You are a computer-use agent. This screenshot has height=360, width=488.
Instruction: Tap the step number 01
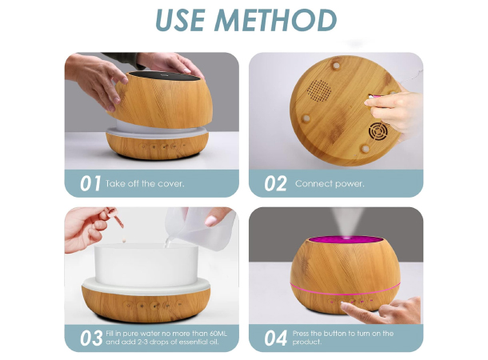(x=90, y=183)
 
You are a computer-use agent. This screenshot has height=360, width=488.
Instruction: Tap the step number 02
(x=275, y=183)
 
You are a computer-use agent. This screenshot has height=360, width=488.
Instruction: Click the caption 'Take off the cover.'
(x=145, y=183)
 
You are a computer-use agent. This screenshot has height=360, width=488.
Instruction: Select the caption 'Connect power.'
(x=330, y=183)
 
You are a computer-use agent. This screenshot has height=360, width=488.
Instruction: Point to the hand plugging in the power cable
(x=397, y=108)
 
